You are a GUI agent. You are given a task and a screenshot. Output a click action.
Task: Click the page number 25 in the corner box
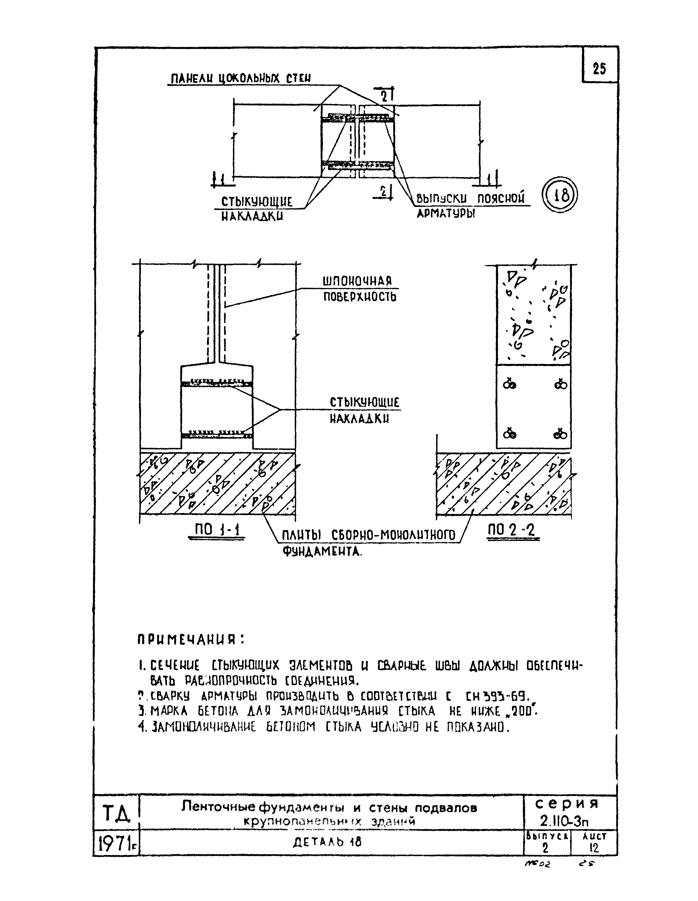tap(599, 68)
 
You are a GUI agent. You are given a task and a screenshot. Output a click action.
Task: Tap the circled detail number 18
tap(560, 196)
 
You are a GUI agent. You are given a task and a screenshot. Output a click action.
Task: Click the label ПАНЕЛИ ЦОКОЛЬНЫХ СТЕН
tap(240, 78)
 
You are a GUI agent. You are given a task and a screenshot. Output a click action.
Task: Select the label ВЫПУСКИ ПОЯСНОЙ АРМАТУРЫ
tap(470, 205)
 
